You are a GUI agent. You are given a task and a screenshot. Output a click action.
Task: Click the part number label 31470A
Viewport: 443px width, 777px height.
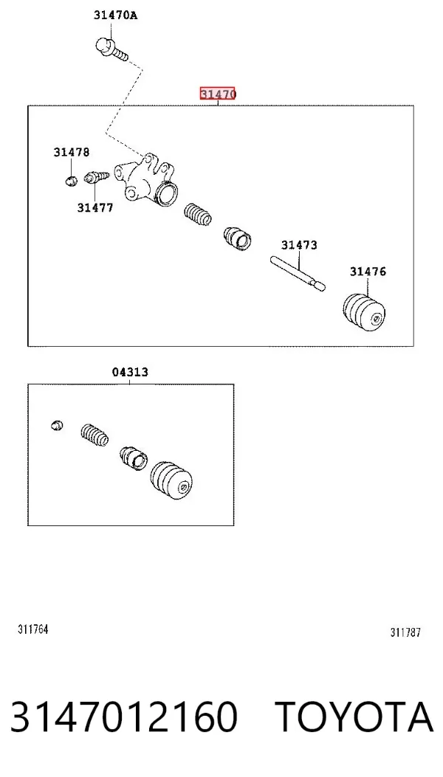click(x=116, y=15)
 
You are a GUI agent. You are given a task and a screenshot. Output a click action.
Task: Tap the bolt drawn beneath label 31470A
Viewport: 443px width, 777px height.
click(x=111, y=50)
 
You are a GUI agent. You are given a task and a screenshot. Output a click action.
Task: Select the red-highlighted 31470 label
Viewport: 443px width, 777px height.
click(x=217, y=93)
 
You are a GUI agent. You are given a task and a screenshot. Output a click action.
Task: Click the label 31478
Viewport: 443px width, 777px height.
click(x=72, y=152)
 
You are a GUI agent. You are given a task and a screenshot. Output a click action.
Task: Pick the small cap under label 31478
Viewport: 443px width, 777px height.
click(x=72, y=179)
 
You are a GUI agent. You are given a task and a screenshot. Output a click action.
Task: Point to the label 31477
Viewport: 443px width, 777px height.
click(x=95, y=207)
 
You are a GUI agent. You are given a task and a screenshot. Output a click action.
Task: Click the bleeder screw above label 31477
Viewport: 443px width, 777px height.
click(x=96, y=177)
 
